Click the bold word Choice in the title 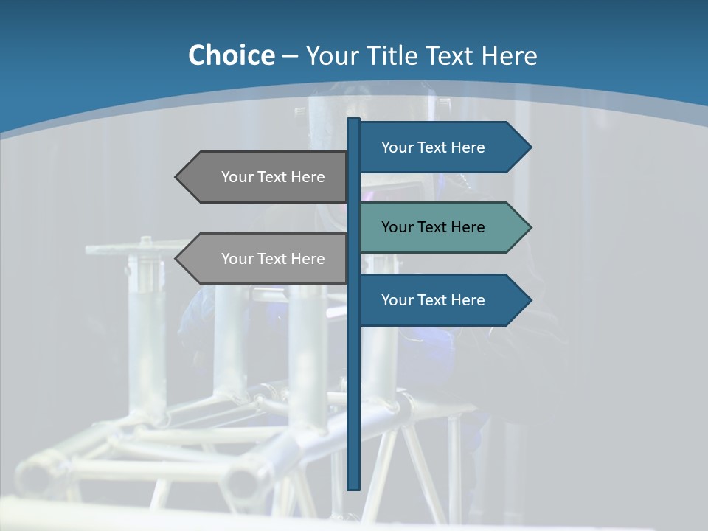point(231,55)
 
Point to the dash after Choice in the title point(290,56)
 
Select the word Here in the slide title point(510,55)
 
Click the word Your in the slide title point(333,55)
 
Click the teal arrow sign point(442,227)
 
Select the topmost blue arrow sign point(442,147)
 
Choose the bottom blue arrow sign point(442,300)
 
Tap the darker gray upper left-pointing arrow point(265,177)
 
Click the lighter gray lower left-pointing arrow point(265,259)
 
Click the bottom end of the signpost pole point(353,486)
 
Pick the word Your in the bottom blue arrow point(398,300)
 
